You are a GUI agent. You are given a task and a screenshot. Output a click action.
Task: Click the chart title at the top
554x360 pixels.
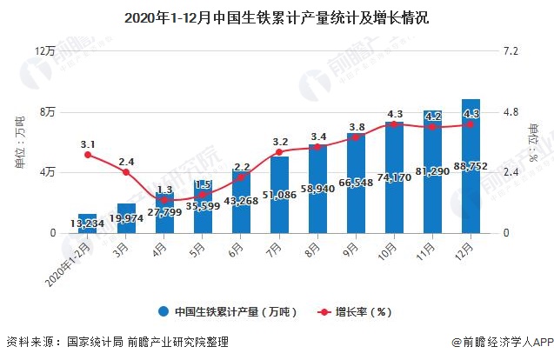pyautogui.click(x=277, y=17)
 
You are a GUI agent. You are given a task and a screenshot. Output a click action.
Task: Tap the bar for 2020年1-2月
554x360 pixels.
pyautogui.click(x=88, y=223)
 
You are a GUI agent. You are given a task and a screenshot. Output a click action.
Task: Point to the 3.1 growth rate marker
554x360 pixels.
pyautogui.click(x=88, y=155)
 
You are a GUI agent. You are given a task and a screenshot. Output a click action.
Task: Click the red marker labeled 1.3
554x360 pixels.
pyautogui.click(x=164, y=200)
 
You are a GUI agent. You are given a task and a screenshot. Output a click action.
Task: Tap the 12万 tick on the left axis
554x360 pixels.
pyautogui.click(x=44, y=51)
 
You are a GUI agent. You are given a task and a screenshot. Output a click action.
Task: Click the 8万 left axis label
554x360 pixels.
pyautogui.click(x=47, y=112)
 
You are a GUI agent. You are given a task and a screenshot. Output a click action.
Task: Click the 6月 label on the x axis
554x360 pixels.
pyautogui.click(x=237, y=248)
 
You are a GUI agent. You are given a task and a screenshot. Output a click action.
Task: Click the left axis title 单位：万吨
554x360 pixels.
pyautogui.click(x=20, y=143)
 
